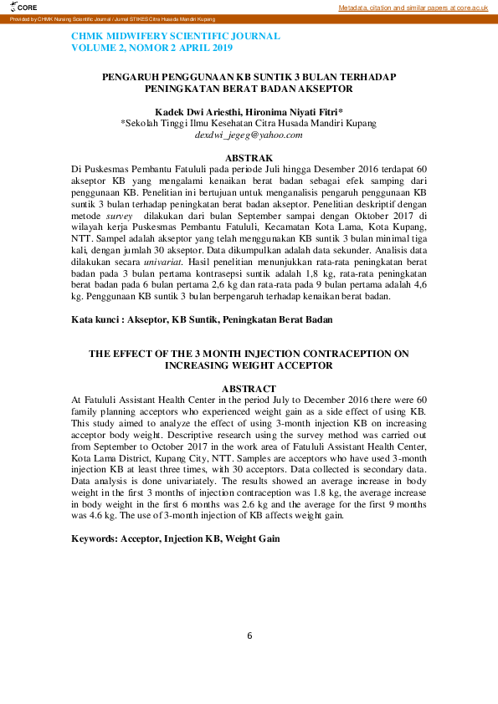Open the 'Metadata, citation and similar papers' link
click(413, 8)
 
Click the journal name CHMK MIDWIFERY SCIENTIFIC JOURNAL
click(176, 37)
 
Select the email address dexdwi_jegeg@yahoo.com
click(249, 135)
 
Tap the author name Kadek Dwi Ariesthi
click(195, 111)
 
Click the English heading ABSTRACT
click(249, 389)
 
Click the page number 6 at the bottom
click(249, 635)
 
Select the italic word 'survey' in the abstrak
click(119, 216)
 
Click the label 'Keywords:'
click(95, 538)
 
